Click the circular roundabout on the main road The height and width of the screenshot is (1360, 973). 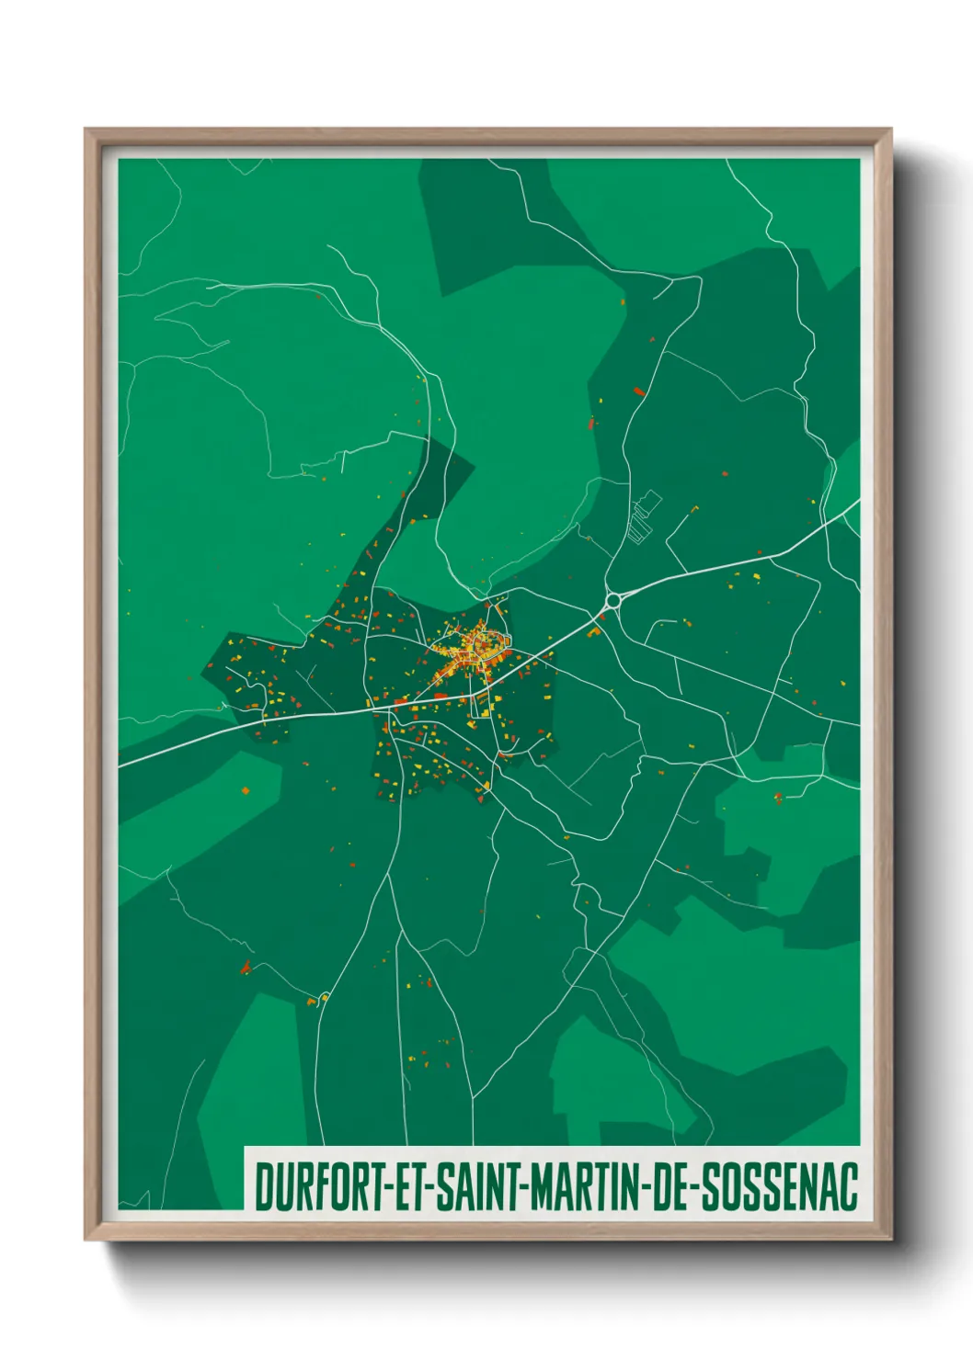click(x=612, y=601)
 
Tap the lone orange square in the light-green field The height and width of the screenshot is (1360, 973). click(x=245, y=788)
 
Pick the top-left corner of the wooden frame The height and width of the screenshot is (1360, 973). click(x=86, y=130)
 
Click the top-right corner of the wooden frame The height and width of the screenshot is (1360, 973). click(x=891, y=130)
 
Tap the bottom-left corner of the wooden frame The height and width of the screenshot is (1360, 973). click(x=86, y=1239)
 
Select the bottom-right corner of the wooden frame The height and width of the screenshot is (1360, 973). click(x=891, y=1239)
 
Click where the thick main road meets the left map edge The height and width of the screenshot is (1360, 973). click(x=120, y=764)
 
